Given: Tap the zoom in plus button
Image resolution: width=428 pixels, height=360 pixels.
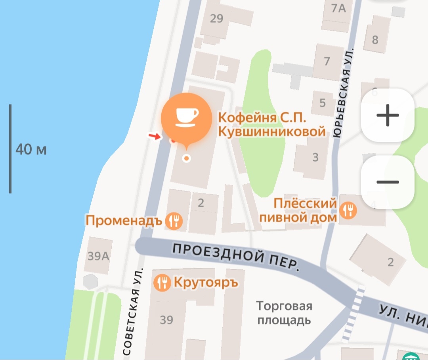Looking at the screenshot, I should [388, 116].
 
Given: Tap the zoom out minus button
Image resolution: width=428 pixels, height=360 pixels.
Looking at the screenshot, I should [388, 182].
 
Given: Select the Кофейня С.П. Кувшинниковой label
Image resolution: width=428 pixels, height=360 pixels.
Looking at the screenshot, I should [272, 124].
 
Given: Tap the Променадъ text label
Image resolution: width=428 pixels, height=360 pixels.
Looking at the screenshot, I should [124, 221].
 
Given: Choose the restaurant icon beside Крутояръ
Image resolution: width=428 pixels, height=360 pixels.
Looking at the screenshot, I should [162, 283].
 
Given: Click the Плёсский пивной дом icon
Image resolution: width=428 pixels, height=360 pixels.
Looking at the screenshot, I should [349, 210].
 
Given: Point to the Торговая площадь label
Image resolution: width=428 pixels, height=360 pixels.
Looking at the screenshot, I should [284, 313].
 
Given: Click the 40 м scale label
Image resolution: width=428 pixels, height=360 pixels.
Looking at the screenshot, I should [31, 150].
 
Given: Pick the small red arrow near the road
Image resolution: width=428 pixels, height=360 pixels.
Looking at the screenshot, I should [155, 136].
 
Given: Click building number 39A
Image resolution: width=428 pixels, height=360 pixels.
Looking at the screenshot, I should [98, 256].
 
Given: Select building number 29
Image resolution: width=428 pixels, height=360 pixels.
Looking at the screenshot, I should [217, 19].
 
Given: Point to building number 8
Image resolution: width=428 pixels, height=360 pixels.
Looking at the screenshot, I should [375, 40].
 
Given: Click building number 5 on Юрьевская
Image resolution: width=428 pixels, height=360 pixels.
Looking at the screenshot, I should [323, 103].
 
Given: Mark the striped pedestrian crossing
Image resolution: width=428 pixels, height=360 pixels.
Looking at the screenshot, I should [354, 313].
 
